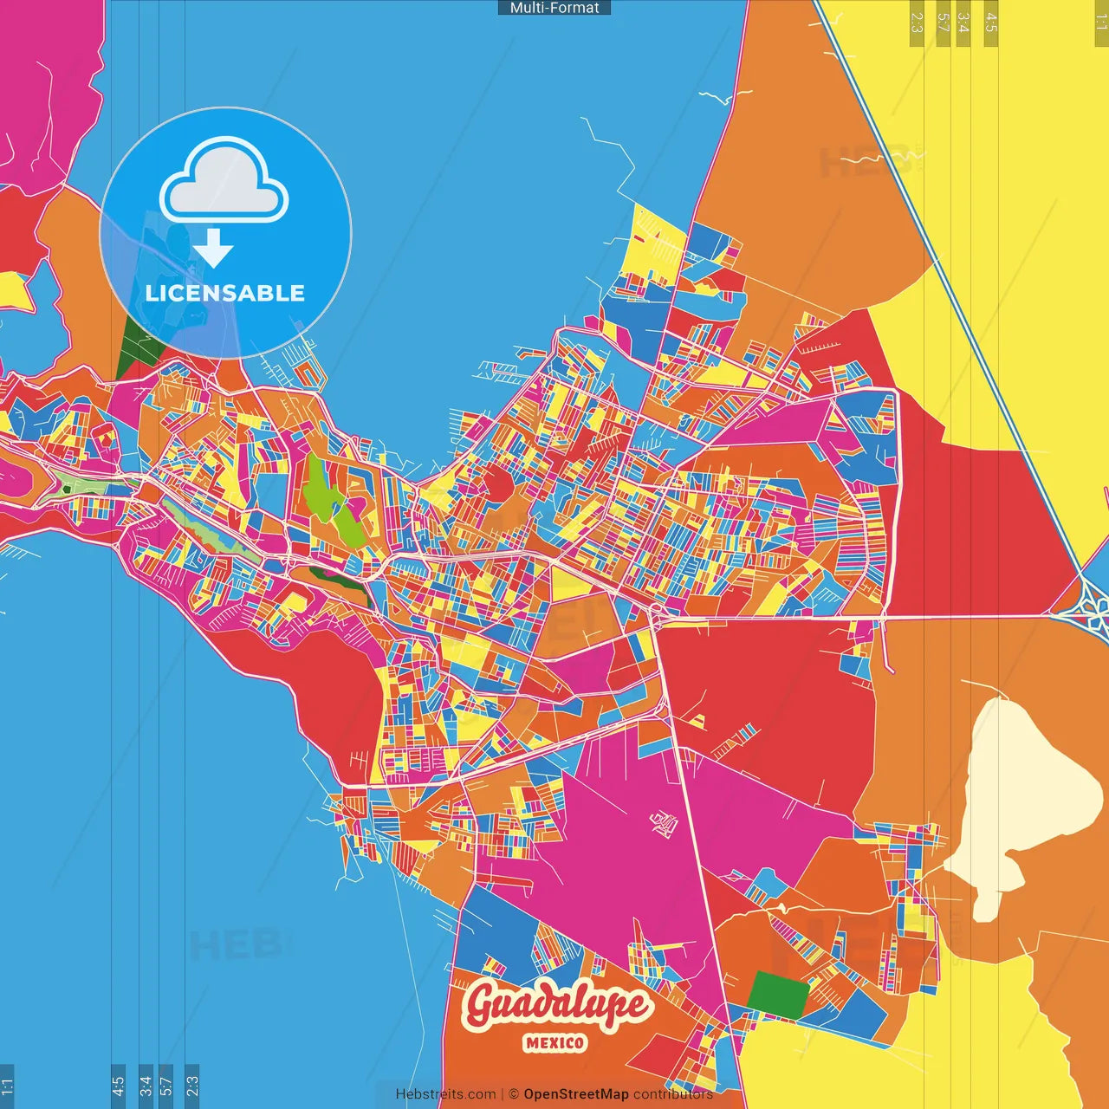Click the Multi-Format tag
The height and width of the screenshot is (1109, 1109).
[554, 8]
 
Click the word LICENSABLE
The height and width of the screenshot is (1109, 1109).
[225, 293]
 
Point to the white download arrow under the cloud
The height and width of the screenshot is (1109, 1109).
[213, 249]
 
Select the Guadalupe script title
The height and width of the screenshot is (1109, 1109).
[556, 1005]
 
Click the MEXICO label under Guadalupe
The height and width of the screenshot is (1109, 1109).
[554, 1043]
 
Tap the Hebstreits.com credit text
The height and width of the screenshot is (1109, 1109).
[445, 1094]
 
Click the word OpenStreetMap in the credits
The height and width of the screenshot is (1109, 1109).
[575, 1094]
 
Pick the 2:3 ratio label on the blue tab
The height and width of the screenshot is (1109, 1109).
[192, 1086]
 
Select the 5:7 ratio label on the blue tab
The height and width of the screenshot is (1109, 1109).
[166, 1086]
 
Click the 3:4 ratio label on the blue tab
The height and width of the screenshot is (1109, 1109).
[146, 1086]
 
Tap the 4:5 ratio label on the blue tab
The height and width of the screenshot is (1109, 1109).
[118, 1086]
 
